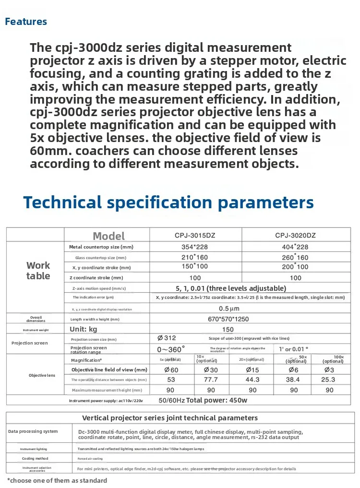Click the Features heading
[26, 22]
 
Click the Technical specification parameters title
[168, 202]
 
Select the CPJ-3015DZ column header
[195, 235]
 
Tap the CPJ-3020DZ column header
[296, 235]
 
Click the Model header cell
[108, 236]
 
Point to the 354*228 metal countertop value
[195, 247]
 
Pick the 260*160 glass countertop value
[296, 257]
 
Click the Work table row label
[38, 271]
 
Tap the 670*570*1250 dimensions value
[228, 319]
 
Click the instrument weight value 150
[228, 330]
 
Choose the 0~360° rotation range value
[171, 349]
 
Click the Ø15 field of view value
[252, 370]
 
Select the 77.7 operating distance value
[211, 380]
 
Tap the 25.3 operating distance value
[330, 380]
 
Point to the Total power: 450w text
[216, 400]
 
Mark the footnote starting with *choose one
[57, 480]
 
